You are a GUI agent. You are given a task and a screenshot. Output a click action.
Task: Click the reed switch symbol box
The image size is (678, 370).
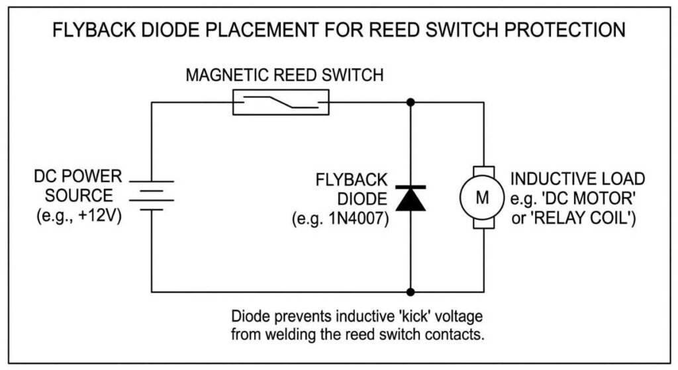[281, 103]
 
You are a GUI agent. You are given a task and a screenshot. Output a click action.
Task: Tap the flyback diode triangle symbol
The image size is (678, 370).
[411, 198]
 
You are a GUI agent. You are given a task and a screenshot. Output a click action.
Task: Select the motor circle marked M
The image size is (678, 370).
[481, 197]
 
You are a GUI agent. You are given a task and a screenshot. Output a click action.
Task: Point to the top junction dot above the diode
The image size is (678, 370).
[411, 103]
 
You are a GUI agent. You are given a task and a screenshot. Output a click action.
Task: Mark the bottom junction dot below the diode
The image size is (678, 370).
[411, 291]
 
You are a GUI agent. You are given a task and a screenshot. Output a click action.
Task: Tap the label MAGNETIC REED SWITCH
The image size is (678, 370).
[284, 75]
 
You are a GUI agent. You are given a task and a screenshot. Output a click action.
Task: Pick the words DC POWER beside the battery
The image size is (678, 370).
[78, 177]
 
